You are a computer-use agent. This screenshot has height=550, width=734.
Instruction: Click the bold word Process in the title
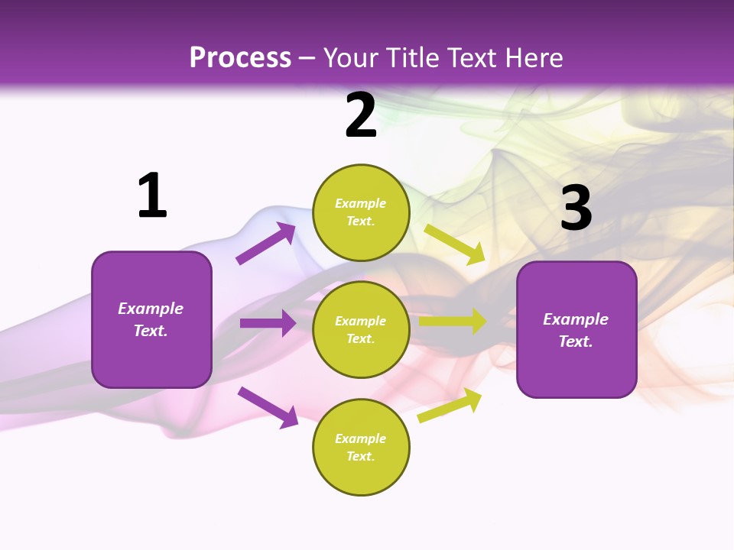click(x=240, y=58)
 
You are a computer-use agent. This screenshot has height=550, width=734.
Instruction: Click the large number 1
click(x=152, y=196)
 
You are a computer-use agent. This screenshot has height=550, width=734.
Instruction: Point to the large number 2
click(x=361, y=115)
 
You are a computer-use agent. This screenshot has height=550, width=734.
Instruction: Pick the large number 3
click(x=576, y=208)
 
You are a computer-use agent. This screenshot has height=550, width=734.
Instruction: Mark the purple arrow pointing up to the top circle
click(x=266, y=244)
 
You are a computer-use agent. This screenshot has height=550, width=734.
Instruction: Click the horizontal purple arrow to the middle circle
click(x=268, y=323)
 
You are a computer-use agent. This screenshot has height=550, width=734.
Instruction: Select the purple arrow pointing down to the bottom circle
click(x=268, y=406)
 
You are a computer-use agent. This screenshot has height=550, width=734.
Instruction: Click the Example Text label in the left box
click(x=151, y=319)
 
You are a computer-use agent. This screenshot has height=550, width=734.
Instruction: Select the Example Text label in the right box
click(x=576, y=330)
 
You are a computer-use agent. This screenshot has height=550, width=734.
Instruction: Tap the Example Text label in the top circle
click(x=361, y=212)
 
